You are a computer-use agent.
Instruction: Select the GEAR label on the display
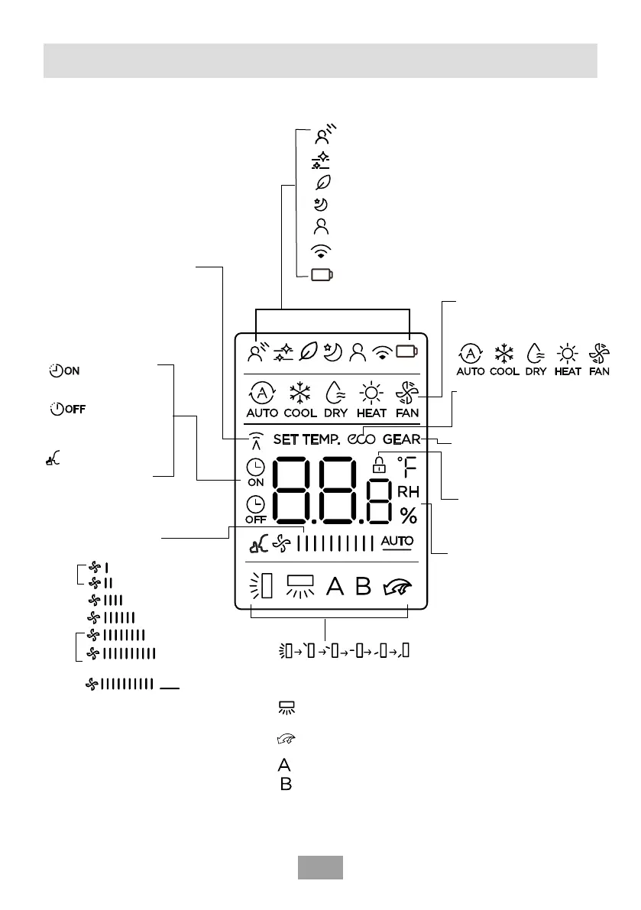(x=402, y=440)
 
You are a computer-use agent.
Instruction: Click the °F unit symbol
(x=408, y=467)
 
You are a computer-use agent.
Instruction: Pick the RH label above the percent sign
(x=408, y=494)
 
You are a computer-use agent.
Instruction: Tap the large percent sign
(x=409, y=517)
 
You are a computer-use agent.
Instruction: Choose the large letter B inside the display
(x=363, y=587)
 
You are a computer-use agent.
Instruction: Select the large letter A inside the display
(x=335, y=587)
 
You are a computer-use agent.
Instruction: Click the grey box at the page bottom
(x=319, y=867)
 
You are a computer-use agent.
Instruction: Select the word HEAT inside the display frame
(x=372, y=413)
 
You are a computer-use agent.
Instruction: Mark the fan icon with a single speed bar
(x=96, y=568)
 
